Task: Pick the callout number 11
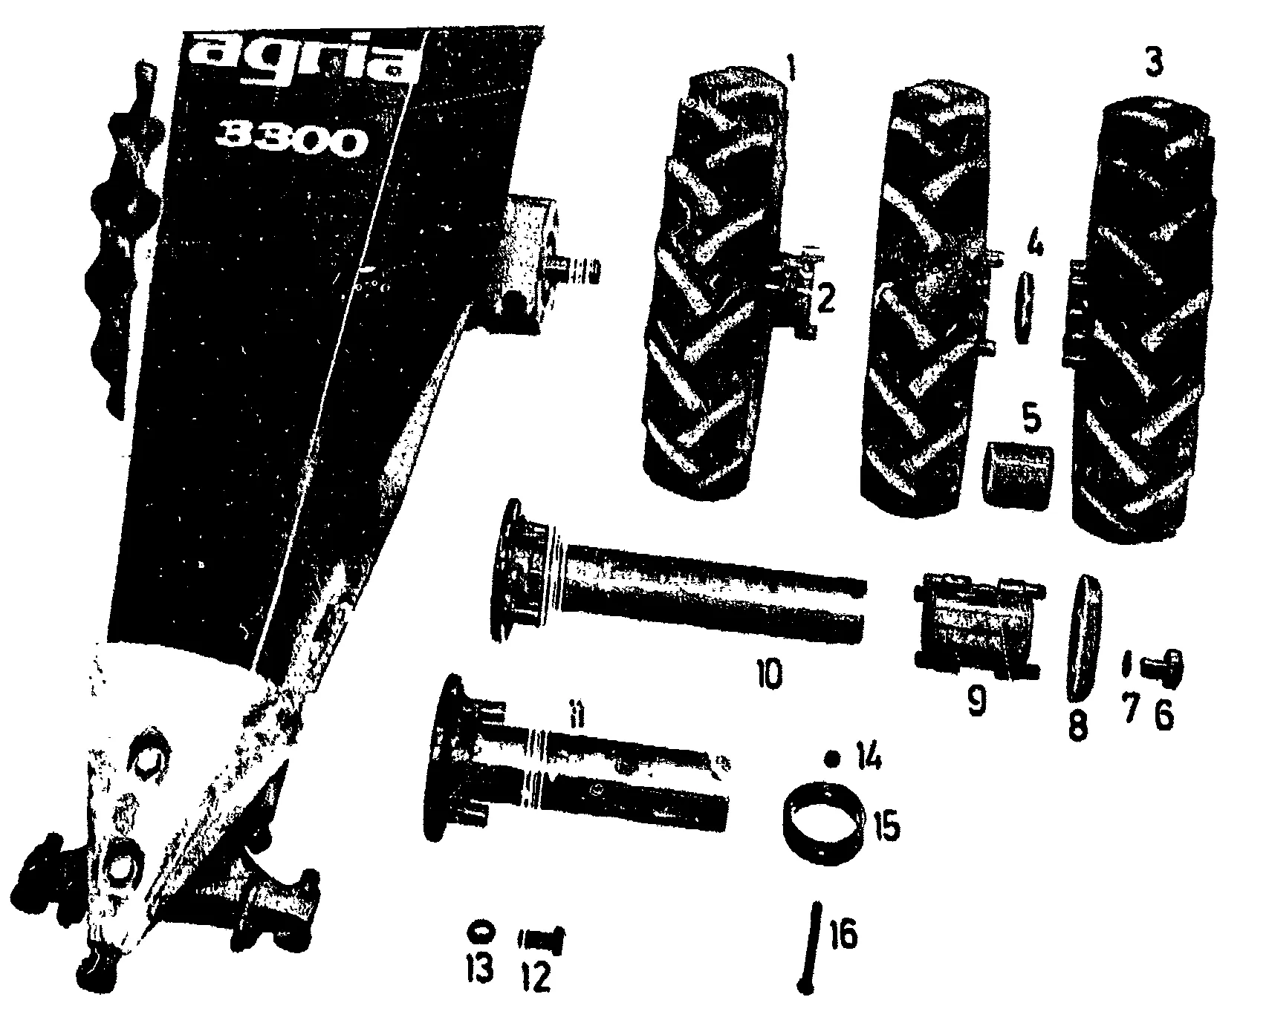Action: [x=579, y=717]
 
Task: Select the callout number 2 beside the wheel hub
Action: [x=826, y=298]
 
